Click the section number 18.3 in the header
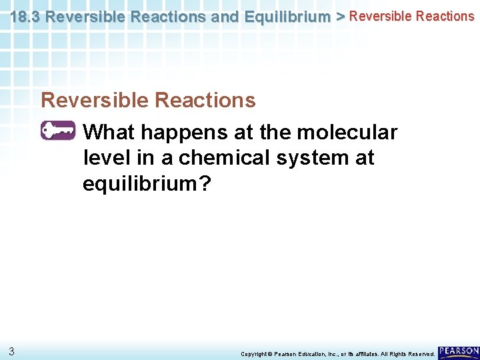tap(25, 17)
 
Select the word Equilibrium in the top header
tap(288, 17)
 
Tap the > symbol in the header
tap(340, 17)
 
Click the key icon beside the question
tap(58, 131)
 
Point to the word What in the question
tap(111, 133)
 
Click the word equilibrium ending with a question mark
tap(146, 184)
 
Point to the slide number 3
tap(12, 351)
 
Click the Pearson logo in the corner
tap(459, 351)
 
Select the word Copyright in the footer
tap(254, 354)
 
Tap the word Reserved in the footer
tap(419, 354)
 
